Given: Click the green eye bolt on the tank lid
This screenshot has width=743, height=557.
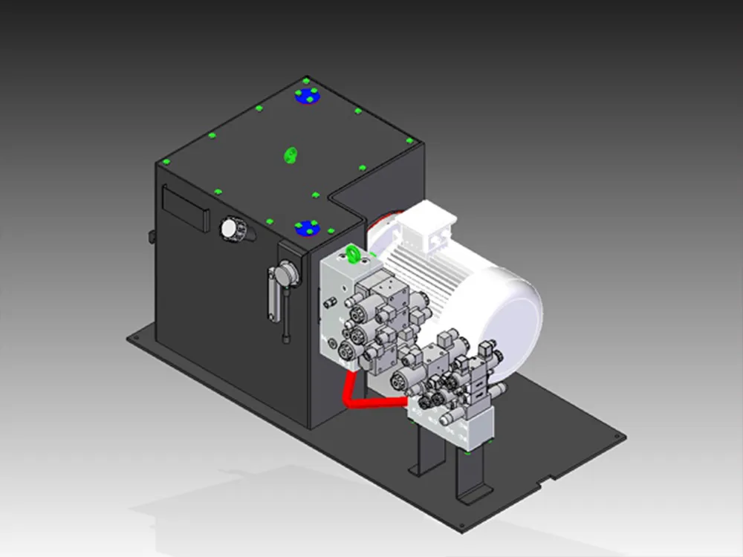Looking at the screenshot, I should pyautogui.click(x=291, y=154).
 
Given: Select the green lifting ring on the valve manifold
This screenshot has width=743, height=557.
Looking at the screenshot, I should pyautogui.click(x=353, y=256).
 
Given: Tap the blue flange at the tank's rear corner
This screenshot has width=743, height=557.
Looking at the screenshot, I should pyautogui.click(x=306, y=96).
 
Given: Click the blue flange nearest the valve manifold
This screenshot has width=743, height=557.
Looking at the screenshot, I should pyautogui.click(x=305, y=227).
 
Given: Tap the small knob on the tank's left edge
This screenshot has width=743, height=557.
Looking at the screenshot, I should pyautogui.click(x=151, y=237).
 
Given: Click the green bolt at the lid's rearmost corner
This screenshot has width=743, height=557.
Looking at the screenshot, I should pyautogui.click(x=306, y=79).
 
